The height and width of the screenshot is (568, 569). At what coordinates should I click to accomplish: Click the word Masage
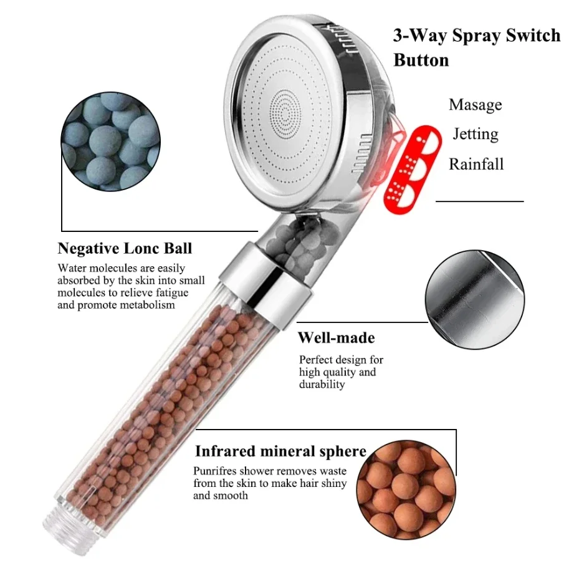click(x=475, y=105)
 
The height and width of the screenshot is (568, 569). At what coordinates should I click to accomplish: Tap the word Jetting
click(x=475, y=135)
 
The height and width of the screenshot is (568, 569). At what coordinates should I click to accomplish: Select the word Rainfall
click(x=476, y=165)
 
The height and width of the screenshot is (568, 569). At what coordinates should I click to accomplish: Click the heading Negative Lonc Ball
click(x=125, y=249)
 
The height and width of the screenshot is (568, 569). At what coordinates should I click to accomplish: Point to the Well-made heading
click(x=336, y=339)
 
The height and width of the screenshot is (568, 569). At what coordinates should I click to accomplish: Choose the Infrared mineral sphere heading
click(x=280, y=451)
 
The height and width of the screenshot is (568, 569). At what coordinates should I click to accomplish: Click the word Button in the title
click(x=421, y=60)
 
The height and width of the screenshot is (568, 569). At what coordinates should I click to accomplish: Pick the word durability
click(x=322, y=385)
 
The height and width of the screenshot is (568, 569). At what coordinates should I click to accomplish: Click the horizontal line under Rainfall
click(x=479, y=201)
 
